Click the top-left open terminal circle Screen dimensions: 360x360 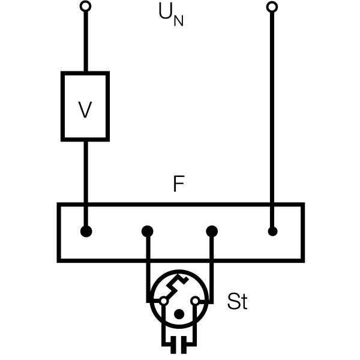[x=85, y=7]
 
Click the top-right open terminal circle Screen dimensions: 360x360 [x=272, y=7]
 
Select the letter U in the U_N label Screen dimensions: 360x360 [x=166, y=11]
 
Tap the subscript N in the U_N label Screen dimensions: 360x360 [x=178, y=21]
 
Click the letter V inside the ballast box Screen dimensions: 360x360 [x=85, y=110]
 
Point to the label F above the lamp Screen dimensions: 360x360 [x=179, y=184]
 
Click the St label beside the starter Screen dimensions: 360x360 [x=238, y=301]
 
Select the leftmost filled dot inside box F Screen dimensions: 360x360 [x=86, y=231]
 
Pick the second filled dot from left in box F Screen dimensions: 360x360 [x=148, y=231]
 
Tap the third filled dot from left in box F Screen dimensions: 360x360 [x=212, y=231]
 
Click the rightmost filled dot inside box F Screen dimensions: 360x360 [x=272, y=231]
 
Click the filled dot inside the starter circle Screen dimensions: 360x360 [x=179, y=314]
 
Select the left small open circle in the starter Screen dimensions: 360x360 [x=164, y=301]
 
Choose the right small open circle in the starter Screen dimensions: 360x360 [x=196, y=301]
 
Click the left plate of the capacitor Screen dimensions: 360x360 [x=173, y=345]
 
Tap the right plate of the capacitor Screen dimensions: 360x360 [x=184, y=345]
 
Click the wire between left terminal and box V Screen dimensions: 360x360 [x=86, y=41]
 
